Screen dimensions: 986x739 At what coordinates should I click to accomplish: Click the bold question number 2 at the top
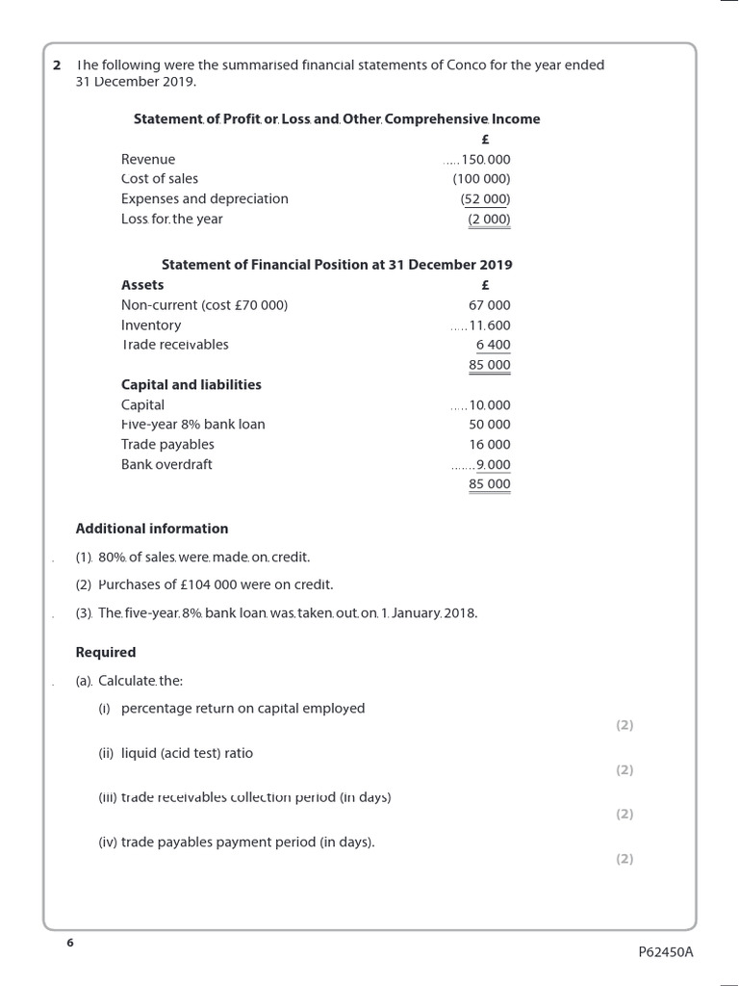57,65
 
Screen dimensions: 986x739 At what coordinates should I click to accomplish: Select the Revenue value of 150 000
488,160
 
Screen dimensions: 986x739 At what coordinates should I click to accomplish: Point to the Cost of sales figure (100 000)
482,179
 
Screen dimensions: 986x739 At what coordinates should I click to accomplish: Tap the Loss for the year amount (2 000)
489,220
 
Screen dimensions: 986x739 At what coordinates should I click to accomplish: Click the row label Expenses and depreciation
204,199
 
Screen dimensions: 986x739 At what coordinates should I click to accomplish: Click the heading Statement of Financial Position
337,265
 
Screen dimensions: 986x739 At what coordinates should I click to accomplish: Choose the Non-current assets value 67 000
490,305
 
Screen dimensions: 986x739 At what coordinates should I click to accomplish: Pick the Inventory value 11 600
490,325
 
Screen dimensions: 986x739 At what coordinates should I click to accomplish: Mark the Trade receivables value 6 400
493,345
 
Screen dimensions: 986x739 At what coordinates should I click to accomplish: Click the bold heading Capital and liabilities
191,385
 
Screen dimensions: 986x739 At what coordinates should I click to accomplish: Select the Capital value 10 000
490,405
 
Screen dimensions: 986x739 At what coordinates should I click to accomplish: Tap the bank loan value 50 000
490,425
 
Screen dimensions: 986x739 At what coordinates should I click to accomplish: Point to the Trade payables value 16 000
490,445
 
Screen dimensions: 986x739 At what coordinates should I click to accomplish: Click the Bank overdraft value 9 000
494,465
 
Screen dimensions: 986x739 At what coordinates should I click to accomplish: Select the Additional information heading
152,529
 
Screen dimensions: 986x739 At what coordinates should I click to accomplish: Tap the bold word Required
106,653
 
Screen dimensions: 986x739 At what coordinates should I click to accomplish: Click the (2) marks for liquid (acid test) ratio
624,770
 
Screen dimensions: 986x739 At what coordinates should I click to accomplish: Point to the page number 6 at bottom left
69,943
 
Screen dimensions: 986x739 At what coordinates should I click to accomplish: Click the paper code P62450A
665,952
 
